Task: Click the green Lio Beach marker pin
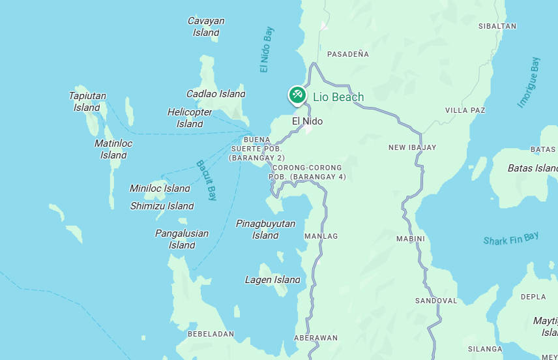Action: [x=297, y=95]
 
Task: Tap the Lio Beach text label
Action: [x=338, y=97]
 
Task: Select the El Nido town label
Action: [x=307, y=121]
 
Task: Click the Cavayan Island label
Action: [x=206, y=26]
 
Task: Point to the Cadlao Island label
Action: [x=216, y=94]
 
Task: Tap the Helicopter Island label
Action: [x=190, y=117]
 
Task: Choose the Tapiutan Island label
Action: [x=87, y=101]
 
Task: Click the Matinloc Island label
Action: [x=113, y=149]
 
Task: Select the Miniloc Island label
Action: [x=160, y=188]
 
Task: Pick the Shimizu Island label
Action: [x=162, y=206]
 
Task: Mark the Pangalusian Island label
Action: [x=182, y=239]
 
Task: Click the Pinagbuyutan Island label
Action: [x=265, y=229]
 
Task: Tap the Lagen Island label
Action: [x=272, y=280]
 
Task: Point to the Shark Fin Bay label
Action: [x=511, y=239]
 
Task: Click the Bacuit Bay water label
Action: [x=206, y=180]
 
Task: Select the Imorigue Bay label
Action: [x=529, y=82]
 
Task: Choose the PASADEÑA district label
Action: [x=348, y=54]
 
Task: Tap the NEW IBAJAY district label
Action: [x=413, y=147]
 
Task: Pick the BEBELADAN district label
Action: [x=211, y=334]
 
